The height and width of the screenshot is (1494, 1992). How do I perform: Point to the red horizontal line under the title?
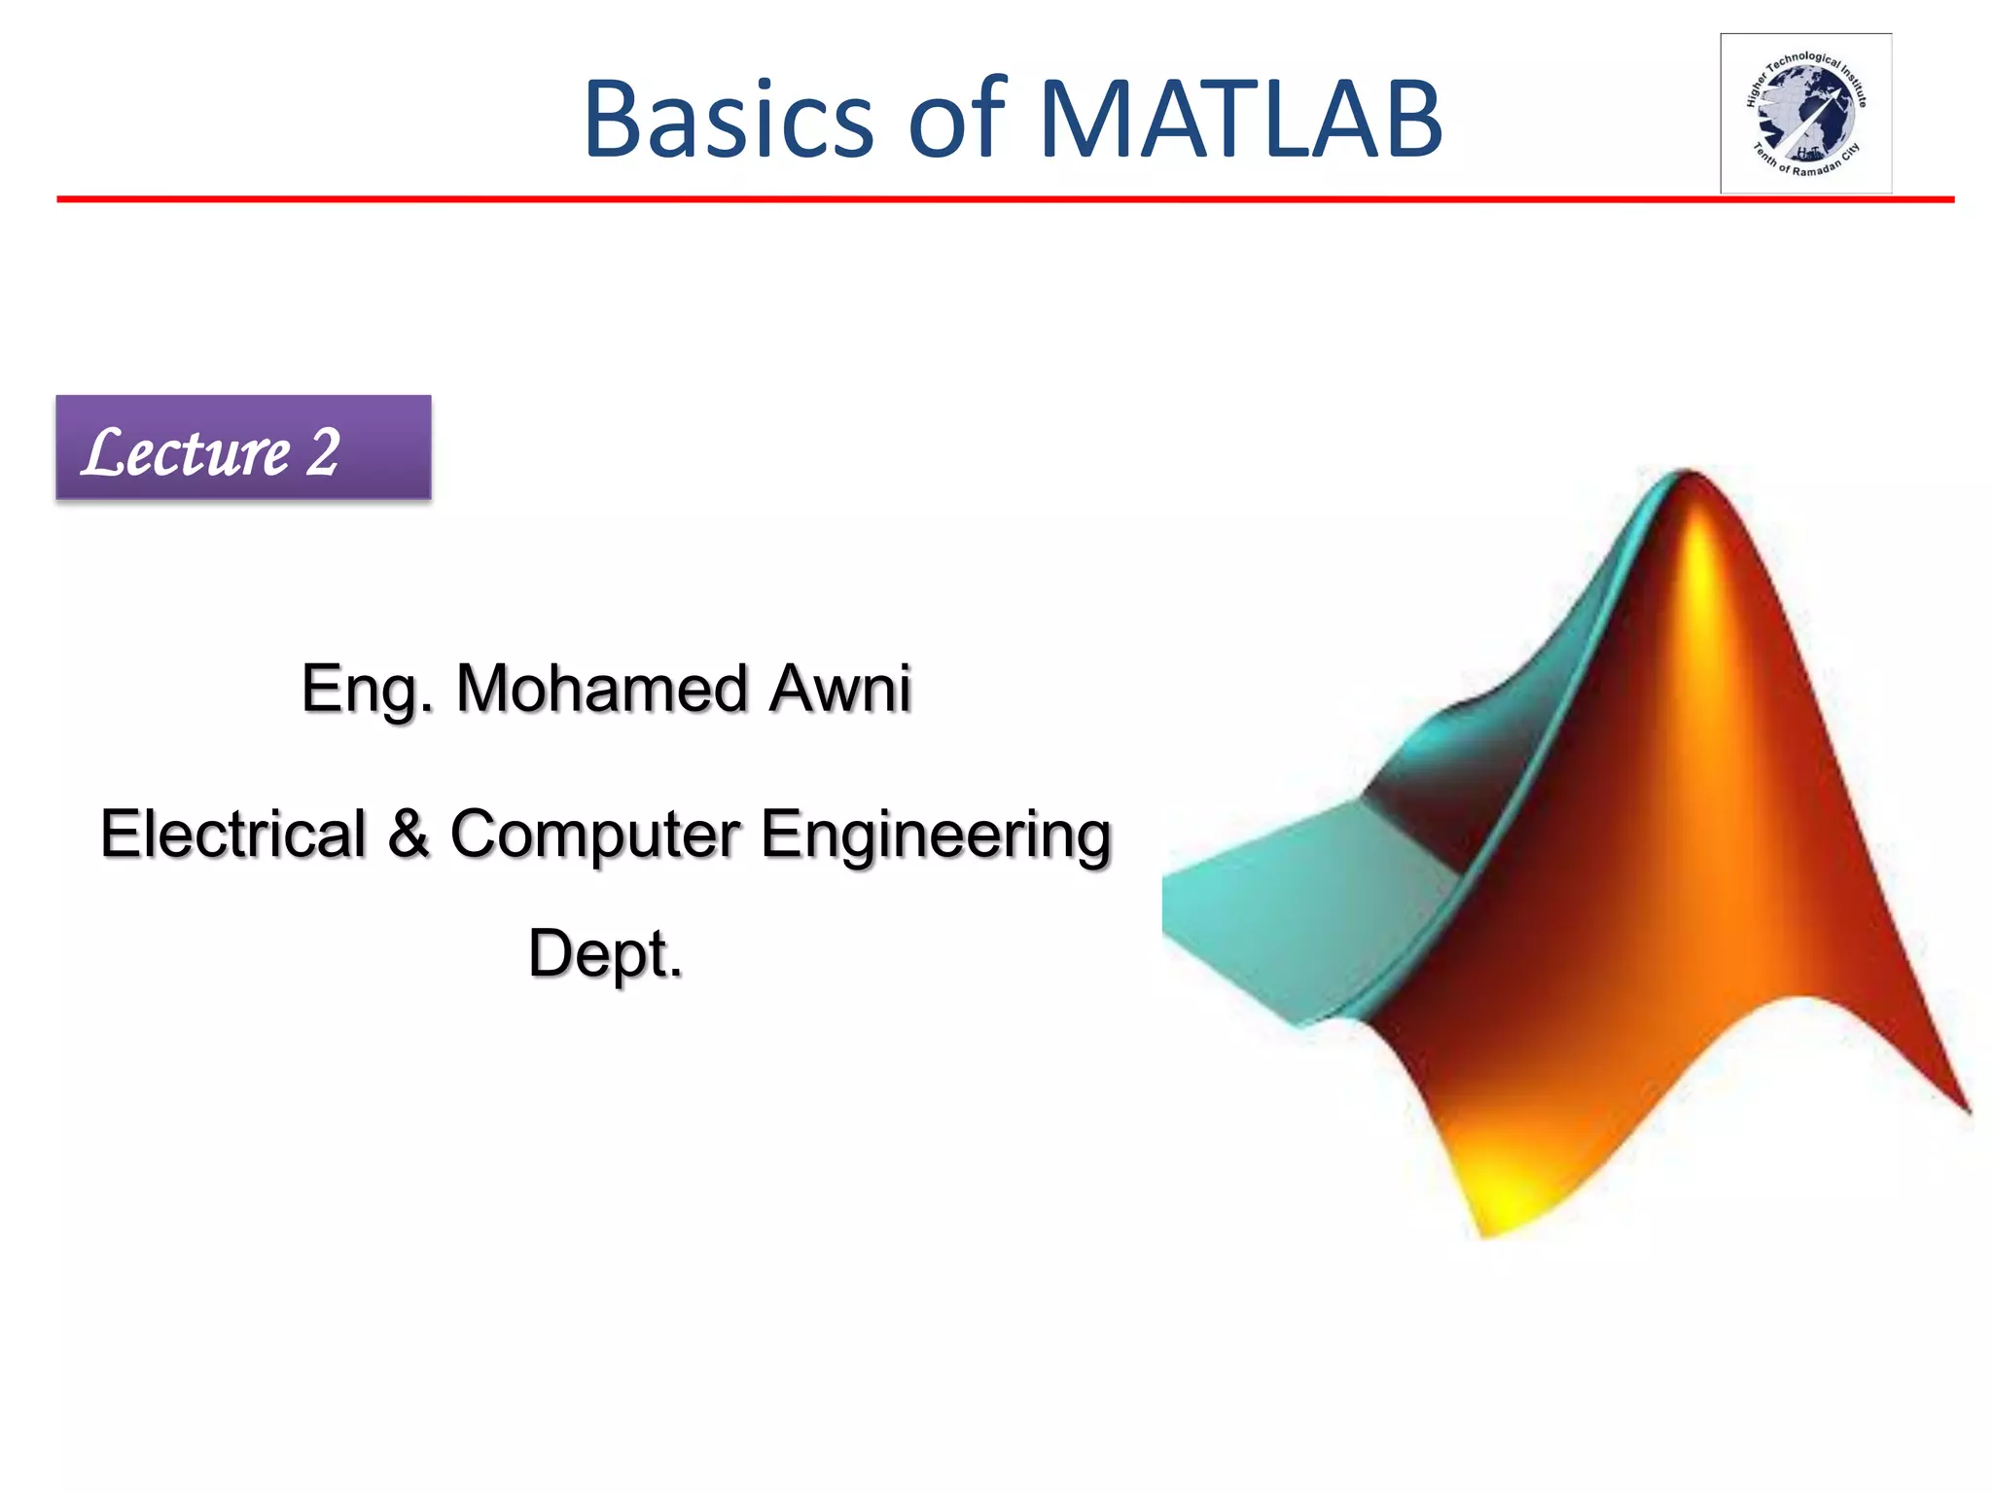(x=973, y=199)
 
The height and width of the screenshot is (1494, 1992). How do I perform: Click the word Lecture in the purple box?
(x=187, y=452)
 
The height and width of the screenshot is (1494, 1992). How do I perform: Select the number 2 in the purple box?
(x=323, y=452)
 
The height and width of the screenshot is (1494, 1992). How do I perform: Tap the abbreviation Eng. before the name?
(x=366, y=690)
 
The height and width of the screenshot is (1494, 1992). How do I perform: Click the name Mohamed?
(x=601, y=688)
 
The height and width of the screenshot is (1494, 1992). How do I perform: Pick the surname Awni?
(x=839, y=688)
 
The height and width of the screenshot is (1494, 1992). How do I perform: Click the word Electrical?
(x=232, y=834)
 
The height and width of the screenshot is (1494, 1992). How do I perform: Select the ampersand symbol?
(x=409, y=834)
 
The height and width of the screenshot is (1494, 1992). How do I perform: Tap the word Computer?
(x=594, y=836)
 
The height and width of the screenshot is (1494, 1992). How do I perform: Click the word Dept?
(x=605, y=953)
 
